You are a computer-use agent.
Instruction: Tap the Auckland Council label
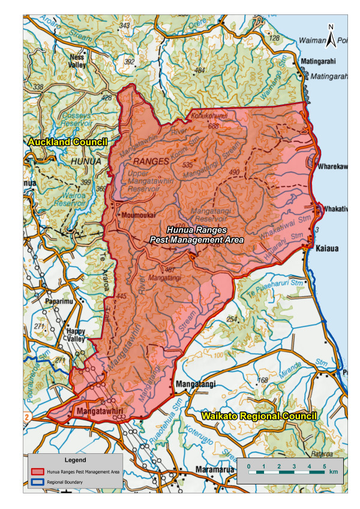pyautogui.click(x=67, y=142)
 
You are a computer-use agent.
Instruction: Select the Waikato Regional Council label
pyautogui.click(x=259, y=415)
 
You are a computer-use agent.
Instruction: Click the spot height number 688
pyautogui.click(x=213, y=126)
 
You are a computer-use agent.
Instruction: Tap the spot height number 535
pyautogui.click(x=188, y=164)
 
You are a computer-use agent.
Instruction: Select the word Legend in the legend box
pyautogui.click(x=74, y=460)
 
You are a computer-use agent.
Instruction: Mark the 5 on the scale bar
pyautogui.click(x=325, y=465)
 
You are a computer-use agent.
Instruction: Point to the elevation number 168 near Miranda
pyautogui.click(x=262, y=380)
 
